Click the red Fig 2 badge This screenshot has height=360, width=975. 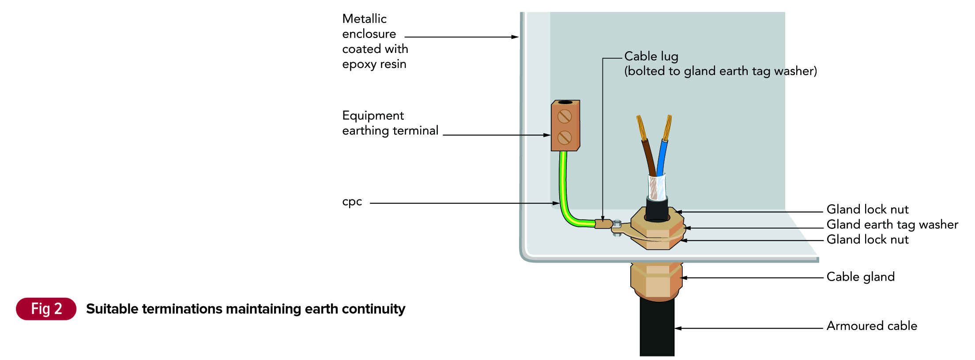46,309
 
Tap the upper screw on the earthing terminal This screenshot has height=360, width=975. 565,116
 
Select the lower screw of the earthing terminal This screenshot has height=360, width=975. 565,138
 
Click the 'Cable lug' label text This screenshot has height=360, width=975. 651,56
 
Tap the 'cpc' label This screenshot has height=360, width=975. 352,202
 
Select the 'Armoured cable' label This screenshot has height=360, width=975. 871,326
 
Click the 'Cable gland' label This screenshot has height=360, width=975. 860,277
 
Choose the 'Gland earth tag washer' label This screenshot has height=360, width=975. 892,225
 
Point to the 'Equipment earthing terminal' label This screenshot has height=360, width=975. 390,123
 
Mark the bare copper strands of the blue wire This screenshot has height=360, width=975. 667,127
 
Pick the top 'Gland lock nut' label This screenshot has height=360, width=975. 867,210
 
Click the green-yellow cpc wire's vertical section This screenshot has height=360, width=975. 563,181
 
